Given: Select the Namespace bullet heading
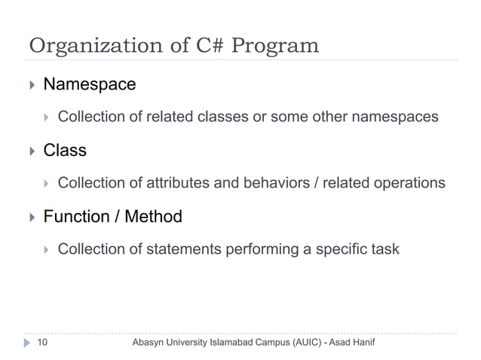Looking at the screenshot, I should click(x=90, y=84).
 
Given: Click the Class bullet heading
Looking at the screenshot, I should click(x=65, y=150).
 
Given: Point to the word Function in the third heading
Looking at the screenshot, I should click(x=76, y=217).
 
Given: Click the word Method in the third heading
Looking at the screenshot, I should click(x=153, y=217).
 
